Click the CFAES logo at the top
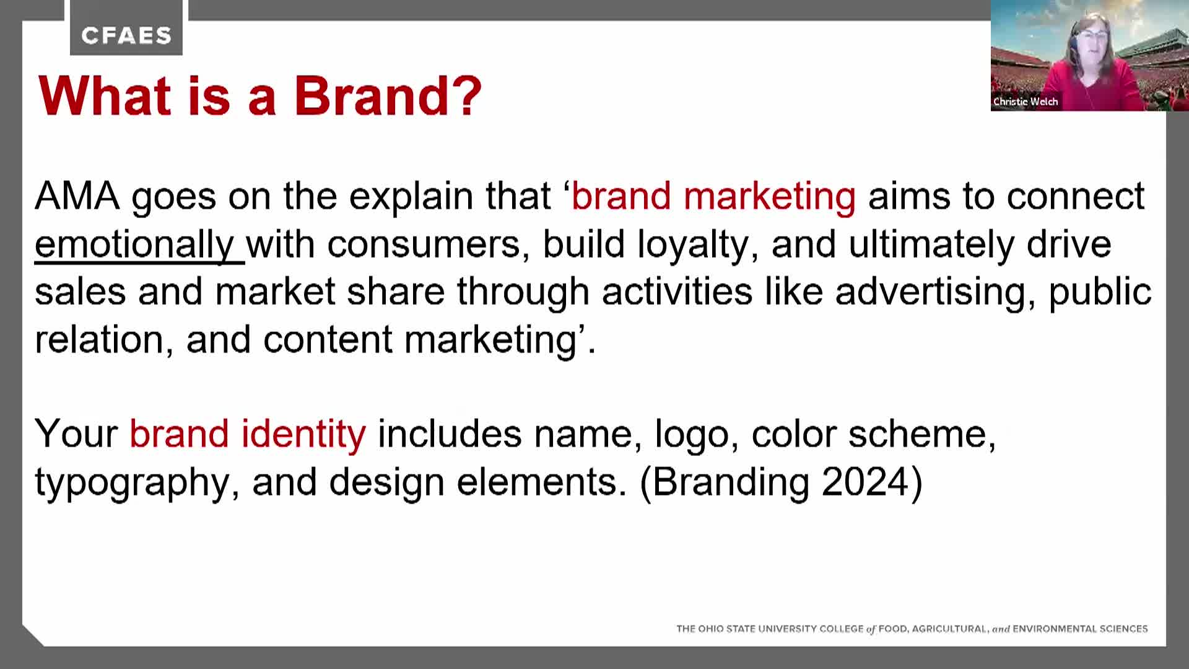click(126, 36)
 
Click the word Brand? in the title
click(388, 96)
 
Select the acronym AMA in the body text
click(77, 196)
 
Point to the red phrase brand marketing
click(713, 196)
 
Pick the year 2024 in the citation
click(865, 481)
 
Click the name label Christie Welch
click(1026, 102)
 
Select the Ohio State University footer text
click(912, 629)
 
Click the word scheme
click(922, 434)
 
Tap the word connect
click(1076, 196)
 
